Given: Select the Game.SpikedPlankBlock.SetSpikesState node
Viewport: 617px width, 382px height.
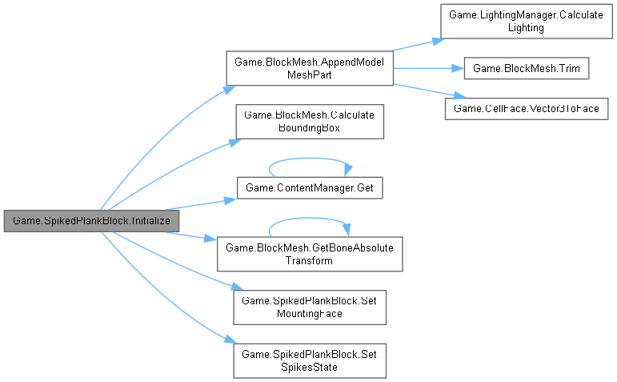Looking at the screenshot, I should [309, 361].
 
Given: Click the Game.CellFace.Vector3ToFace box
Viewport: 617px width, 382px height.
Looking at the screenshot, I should [527, 107].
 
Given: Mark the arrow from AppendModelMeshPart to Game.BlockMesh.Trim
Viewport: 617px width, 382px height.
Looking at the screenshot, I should [428, 69].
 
